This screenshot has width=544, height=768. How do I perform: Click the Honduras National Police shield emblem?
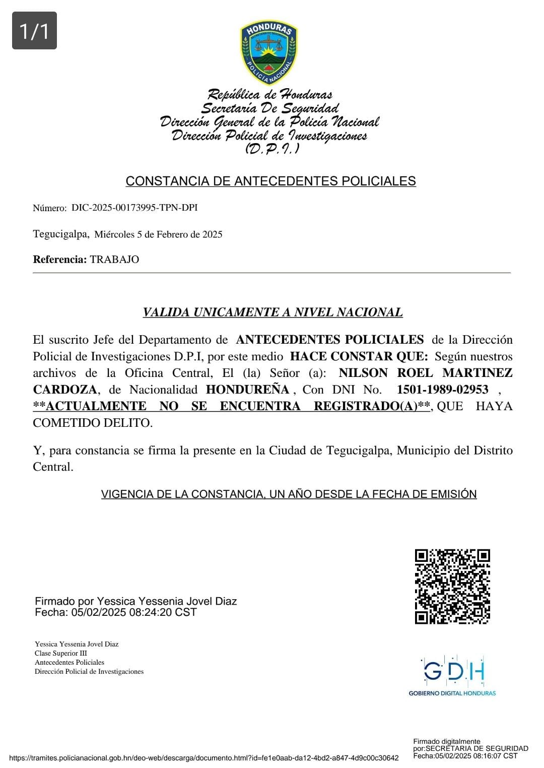coord(269,53)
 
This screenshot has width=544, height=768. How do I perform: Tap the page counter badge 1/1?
coord(34,31)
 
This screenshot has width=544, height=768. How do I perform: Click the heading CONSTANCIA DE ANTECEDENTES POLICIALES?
coord(270,181)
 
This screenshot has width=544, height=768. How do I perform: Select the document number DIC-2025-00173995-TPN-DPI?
coord(134,208)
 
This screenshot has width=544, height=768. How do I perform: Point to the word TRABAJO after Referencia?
coord(114,260)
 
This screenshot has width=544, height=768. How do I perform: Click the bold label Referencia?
coord(60,260)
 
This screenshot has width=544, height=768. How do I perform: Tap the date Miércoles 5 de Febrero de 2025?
coord(158,234)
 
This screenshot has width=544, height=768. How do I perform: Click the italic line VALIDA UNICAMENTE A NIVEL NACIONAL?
coord(273,312)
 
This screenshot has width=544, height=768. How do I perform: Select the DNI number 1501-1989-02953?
coord(442,390)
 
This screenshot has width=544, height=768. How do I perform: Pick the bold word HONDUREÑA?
coord(247,390)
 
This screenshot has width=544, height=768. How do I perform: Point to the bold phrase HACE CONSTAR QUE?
coord(359,356)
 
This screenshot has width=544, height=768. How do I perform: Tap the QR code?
coord(452,587)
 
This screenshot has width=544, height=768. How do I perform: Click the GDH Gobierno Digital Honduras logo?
coord(452,676)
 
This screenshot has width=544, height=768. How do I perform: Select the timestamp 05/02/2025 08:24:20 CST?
coord(134,612)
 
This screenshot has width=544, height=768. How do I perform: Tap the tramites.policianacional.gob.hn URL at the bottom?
coord(204,758)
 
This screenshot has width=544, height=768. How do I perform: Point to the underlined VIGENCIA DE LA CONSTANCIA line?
coord(289,494)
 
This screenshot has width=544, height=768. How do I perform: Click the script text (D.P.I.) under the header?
coord(272,149)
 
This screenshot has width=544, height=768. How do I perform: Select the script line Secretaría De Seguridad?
coord(270,108)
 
